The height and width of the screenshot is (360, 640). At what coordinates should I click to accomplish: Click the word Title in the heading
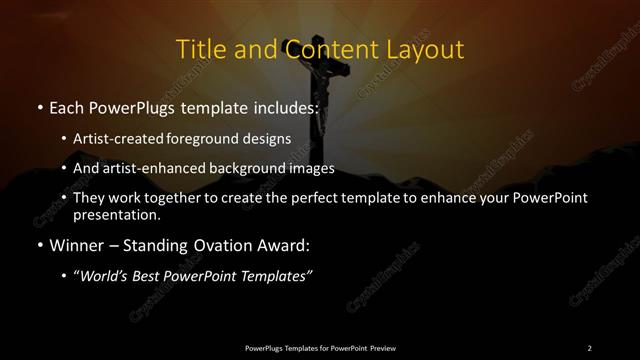200,49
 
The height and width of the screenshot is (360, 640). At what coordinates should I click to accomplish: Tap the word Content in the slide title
321,49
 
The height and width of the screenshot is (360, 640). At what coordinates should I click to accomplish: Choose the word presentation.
116,214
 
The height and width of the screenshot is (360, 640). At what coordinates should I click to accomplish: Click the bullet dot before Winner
39,245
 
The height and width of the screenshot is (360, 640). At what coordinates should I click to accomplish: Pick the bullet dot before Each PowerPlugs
39,105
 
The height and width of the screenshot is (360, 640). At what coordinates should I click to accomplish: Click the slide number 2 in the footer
589,348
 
